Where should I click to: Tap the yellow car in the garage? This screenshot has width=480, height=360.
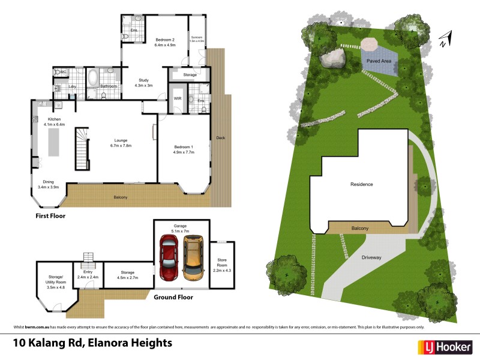point(193,257)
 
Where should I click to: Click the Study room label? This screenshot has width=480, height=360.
point(143,83)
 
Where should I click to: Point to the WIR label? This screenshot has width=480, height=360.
point(178,98)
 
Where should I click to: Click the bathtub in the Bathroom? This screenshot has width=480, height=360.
point(93,78)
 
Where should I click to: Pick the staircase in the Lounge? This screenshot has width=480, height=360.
point(81,150)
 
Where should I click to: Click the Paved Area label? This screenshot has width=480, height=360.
point(379,61)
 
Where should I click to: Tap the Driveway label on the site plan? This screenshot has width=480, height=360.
point(371,257)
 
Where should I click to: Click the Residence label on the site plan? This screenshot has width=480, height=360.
point(361,184)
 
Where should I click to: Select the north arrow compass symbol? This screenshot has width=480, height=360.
point(444,40)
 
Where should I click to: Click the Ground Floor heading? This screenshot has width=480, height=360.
point(173,297)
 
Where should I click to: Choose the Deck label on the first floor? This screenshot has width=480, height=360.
point(221,138)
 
